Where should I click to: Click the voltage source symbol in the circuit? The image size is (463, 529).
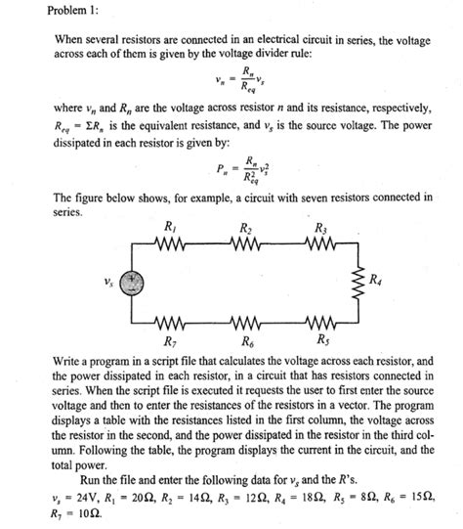click(x=131, y=285)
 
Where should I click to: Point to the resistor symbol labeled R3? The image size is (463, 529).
click(x=320, y=246)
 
